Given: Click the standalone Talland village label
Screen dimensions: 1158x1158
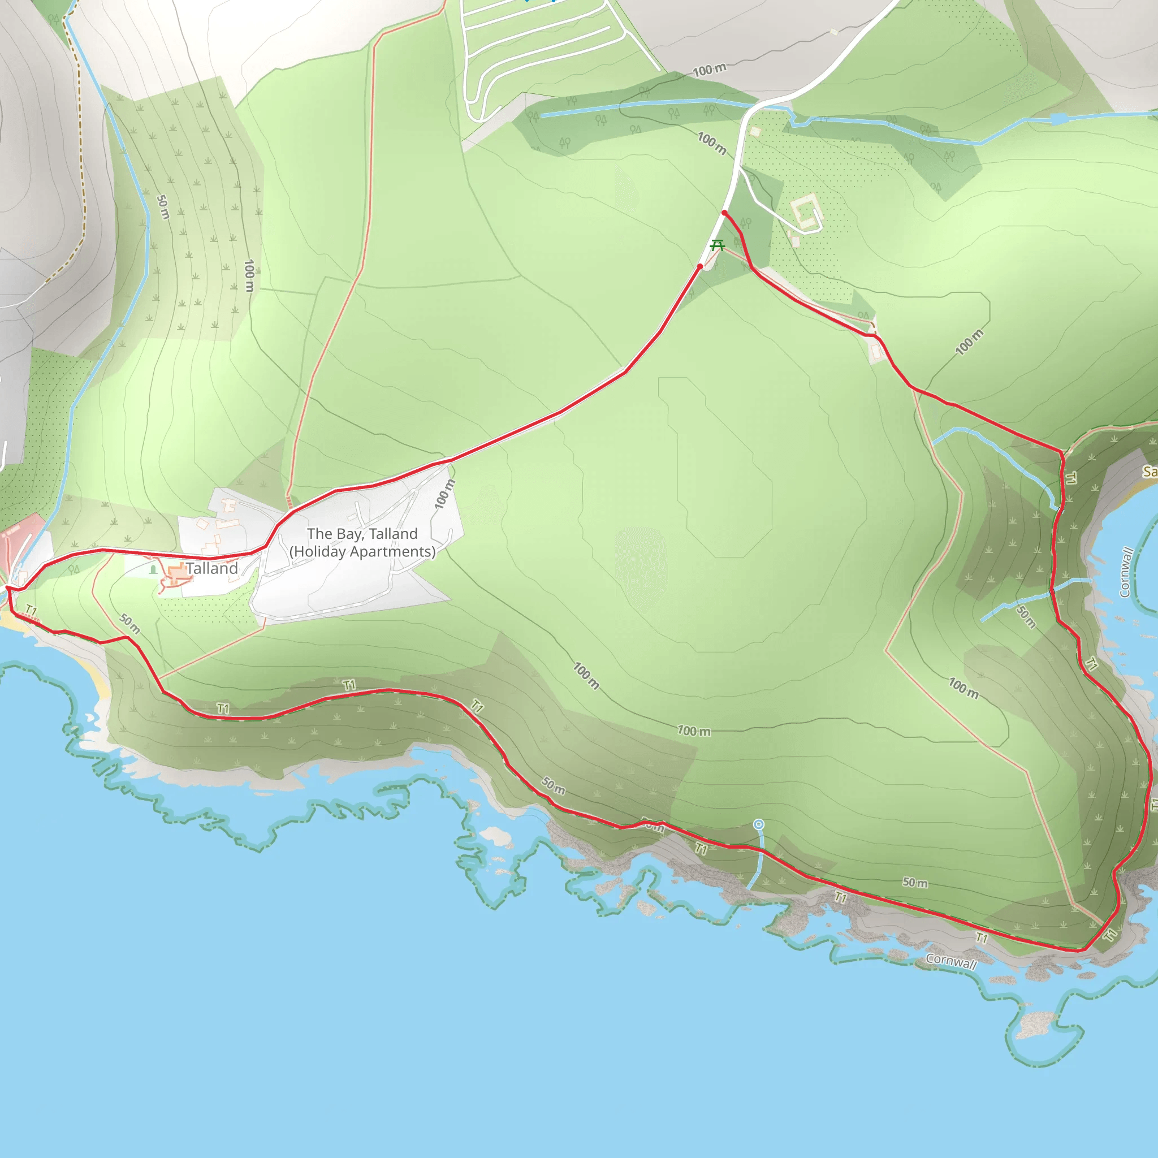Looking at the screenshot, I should pos(211,568).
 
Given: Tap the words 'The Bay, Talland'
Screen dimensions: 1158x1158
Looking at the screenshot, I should pos(362,533).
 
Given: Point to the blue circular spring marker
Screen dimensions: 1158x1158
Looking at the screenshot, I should pos(758,825).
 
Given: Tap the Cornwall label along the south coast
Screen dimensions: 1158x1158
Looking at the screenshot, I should pos(950,961).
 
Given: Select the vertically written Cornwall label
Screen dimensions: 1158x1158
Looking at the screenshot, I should pos(1126,572).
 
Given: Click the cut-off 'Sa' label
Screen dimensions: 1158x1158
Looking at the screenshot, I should pos(1149,472).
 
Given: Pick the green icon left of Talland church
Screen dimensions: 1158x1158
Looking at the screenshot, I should pos(153,569).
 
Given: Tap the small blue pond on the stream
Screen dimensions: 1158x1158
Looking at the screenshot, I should pos(1058,119).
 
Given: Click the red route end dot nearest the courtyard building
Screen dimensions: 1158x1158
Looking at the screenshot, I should pos(725,213).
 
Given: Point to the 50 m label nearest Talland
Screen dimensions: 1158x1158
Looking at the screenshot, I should pos(129,623).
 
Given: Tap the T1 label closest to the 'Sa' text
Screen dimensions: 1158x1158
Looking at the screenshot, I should pos(1070,478).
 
